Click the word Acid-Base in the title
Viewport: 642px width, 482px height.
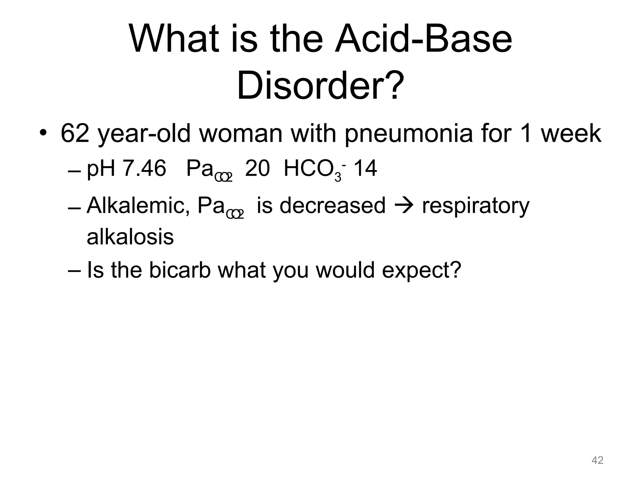pyautogui.click(x=423, y=40)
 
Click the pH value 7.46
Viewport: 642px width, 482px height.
pyautogui.click(x=144, y=169)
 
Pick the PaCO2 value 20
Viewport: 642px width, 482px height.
pyautogui.click(x=257, y=169)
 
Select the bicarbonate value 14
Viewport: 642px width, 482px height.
pyautogui.click(x=365, y=169)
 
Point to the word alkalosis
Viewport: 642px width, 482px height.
pyautogui.click(x=130, y=237)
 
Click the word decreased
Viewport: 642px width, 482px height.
pyautogui.click(x=332, y=206)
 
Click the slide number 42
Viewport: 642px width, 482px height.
pyautogui.click(x=597, y=460)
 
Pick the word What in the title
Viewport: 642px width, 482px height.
pyautogui.click(x=174, y=40)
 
